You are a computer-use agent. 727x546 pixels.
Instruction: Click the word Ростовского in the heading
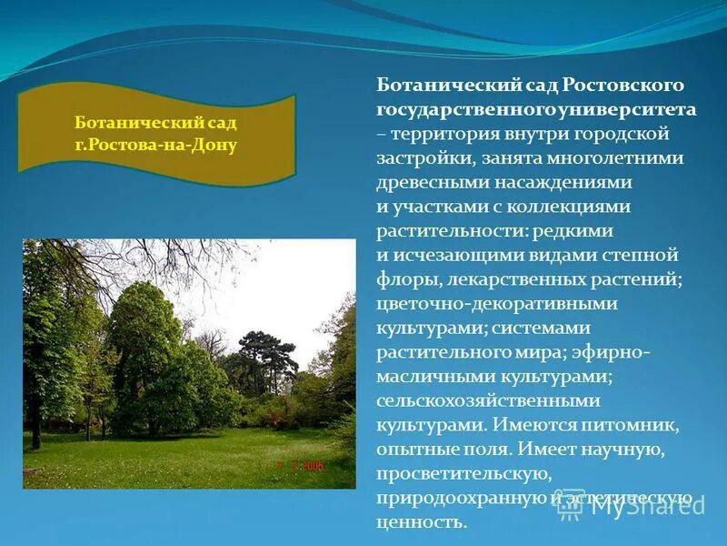coord(622,85)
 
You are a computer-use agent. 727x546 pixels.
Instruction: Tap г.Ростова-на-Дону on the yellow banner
coord(156,146)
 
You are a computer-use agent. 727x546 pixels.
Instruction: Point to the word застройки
coord(420,158)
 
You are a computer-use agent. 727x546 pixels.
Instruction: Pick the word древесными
coord(423,182)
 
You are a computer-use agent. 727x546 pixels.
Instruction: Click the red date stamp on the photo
coord(301,465)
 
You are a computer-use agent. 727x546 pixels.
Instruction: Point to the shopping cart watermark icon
coord(570,506)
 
